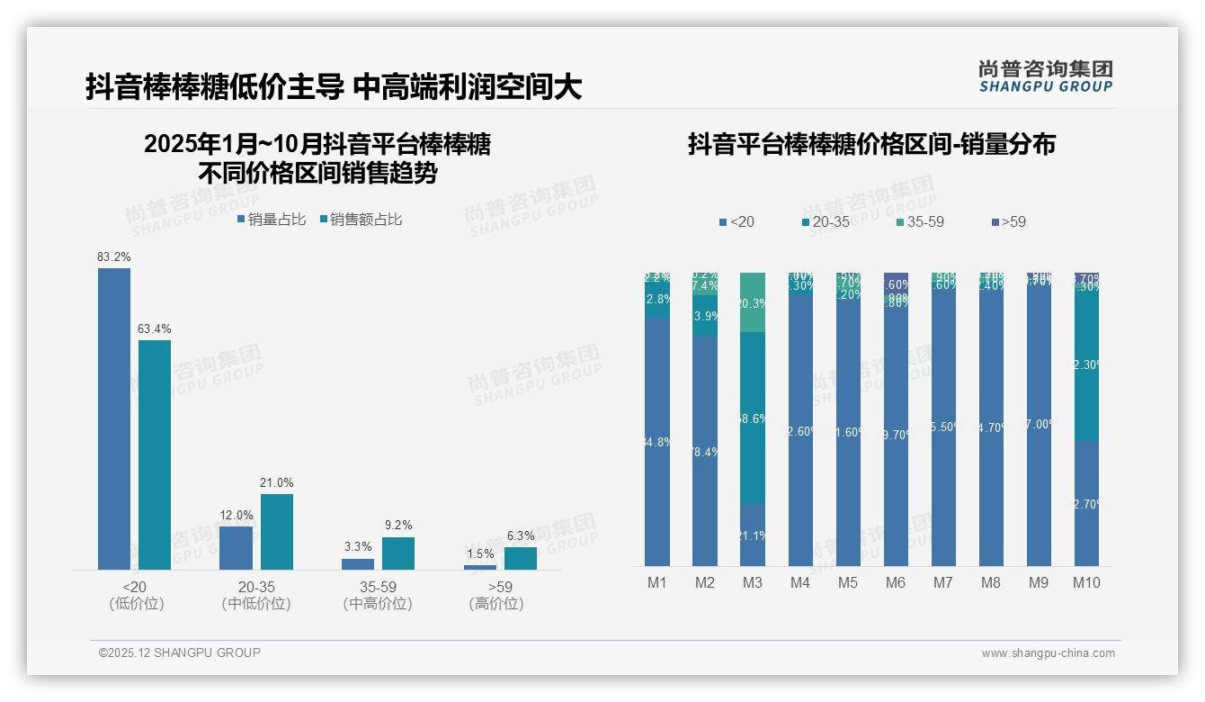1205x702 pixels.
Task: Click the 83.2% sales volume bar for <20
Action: click(114, 418)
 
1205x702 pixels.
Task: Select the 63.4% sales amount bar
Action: click(155, 454)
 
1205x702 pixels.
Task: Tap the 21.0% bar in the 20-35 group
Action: click(277, 531)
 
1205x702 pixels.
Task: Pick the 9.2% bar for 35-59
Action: click(398, 553)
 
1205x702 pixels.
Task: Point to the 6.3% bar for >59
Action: click(520, 558)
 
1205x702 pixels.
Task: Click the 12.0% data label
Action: click(237, 515)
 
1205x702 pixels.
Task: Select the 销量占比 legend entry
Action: click(272, 219)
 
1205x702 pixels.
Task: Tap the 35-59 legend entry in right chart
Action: click(919, 221)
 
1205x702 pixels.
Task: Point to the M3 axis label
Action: click(753, 582)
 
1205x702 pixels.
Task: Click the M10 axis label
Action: click(1086, 582)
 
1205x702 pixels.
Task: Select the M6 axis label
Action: click(896, 582)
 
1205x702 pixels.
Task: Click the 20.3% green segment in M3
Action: click(753, 302)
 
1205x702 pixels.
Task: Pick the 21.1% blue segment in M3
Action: click(753, 535)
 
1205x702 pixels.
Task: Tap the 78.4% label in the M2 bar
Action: click(705, 452)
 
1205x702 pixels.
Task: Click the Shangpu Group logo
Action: click(1046, 76)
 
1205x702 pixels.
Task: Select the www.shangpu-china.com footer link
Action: click(1048, 653)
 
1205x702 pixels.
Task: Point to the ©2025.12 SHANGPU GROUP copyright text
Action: click(180, 652)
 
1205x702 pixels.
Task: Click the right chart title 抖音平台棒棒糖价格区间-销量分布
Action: click(871, 144)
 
